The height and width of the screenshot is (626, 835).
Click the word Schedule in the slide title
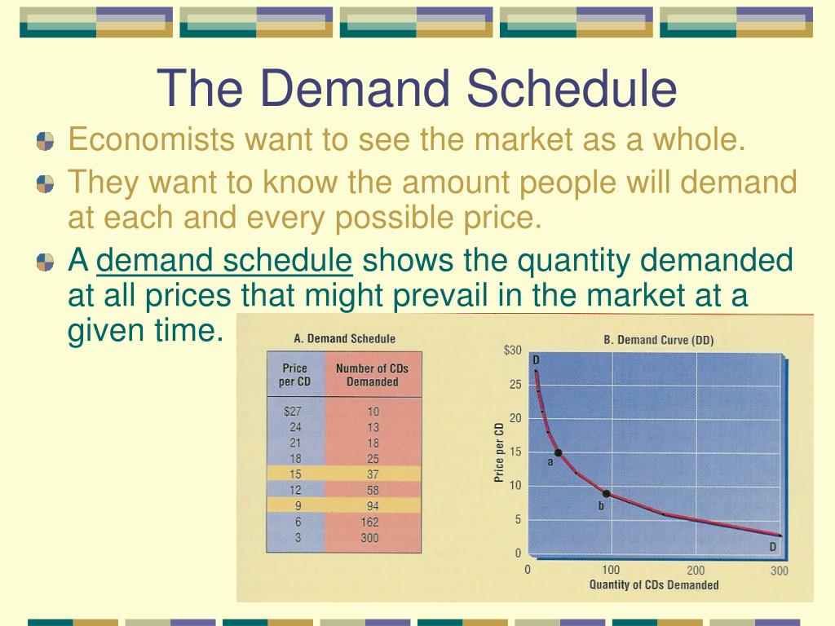(572, 88)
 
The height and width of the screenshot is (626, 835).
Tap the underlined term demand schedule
(224, 260)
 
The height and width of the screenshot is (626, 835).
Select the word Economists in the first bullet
(152, 139)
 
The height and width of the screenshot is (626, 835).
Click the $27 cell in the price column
(293, 411)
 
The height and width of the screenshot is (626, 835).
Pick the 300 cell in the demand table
(369, 538)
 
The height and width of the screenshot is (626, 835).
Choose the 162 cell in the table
(369, 522)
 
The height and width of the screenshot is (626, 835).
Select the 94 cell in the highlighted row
(373, 505)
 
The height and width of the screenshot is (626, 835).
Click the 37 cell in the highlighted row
(373, 474)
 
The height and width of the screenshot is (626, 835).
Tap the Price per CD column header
(294, 375)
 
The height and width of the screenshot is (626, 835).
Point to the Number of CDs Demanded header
(372, 375)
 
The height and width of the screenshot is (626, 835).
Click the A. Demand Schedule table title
(345, 338)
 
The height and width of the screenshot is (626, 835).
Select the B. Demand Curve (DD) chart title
(659, 340)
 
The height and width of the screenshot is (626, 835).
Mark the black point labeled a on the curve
(558, 452)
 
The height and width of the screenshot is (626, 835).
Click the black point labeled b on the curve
(606, 493)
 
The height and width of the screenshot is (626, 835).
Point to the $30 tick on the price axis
(513, 350)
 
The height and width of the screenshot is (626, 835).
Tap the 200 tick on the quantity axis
(696, 570)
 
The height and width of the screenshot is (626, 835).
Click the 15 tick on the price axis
(515, 452)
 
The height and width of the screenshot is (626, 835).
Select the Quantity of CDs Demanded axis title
(654, 584)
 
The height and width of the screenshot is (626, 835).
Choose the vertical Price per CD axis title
(499, 452)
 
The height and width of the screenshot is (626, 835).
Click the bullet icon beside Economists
(46, 141)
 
